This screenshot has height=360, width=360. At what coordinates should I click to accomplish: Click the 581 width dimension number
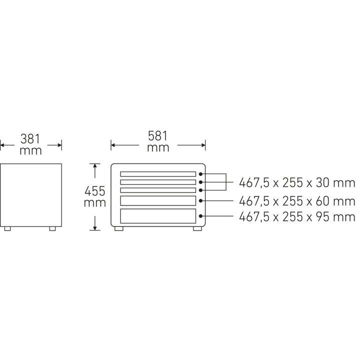click(x=157, y=136)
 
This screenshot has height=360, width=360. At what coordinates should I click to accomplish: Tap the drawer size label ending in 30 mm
click(x=297, y=182)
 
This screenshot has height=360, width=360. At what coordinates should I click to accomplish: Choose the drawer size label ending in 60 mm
click(x=297, y=201)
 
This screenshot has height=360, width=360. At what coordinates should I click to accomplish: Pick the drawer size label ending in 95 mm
click(x=297, y=217)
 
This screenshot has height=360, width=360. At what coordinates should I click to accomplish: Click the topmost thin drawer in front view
click(x=157, y=174)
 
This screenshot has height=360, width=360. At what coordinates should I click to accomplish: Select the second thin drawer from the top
click(x=157, y=182)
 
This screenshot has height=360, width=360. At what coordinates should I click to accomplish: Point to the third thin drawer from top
click(x=157, y=190)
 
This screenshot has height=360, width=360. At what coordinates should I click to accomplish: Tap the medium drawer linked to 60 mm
click(x=157, y=200)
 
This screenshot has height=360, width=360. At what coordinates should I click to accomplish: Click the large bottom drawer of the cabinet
click(x=157, y=216)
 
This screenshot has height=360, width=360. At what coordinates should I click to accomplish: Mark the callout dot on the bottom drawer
click(x=200, y=216)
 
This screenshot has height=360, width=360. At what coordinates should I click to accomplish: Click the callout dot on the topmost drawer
click(x=200, y=174)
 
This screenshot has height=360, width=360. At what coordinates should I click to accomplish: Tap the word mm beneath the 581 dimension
click(x=157, y=148)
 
